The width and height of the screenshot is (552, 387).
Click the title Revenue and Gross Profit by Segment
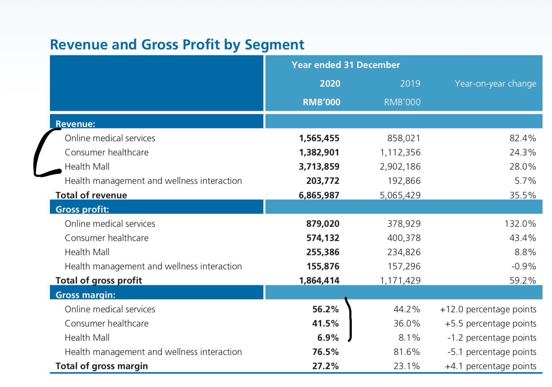(x=177, y=45)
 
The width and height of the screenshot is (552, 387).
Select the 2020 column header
(x=330, y=84)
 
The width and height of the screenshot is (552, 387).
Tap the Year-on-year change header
(x=495, y=84)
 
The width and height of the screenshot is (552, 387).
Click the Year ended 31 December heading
(x=346, y=65)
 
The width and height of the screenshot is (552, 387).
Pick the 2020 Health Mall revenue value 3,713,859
(x=319, y=167)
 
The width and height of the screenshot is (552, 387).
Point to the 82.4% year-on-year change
(x=523, y=138)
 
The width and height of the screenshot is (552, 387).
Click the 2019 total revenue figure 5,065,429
(x=400, y=195)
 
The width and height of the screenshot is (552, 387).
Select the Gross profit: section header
(x=82, y=210)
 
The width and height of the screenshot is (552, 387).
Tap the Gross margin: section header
(x=85, y=295)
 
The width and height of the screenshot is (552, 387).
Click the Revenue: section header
(x=75, y=124)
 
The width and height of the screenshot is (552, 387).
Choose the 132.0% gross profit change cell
(x=520, y=224)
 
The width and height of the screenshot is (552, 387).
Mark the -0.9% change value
(x=523, y=266)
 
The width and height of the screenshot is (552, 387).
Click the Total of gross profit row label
(x=99, y=281)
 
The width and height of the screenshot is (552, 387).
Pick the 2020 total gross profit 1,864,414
(x=319, y=281)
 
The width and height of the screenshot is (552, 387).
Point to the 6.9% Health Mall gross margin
(x=328, y=338)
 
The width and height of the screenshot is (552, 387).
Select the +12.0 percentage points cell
(x=488, y=309)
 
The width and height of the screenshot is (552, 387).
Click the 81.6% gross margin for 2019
(x=407, y=352)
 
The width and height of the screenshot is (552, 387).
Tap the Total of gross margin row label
(x=102, y=366)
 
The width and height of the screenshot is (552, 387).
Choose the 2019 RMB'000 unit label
(x=402, y=102)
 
